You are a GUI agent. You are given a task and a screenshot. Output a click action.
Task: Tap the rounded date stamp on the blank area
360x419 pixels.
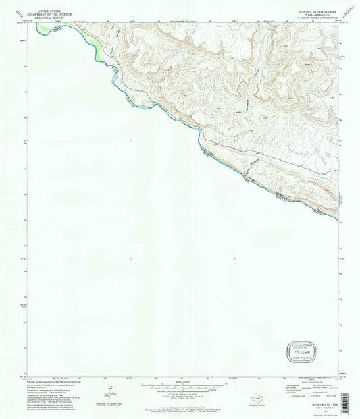(x=296, y=352)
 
